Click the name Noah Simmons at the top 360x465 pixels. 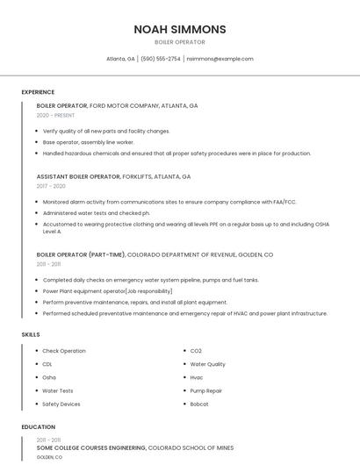(x=179, y=29)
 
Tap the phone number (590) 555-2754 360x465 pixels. (x=161, y=59)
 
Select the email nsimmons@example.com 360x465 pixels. (x=220, y=59)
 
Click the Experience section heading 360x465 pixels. (x=38, y=92)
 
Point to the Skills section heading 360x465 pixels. (x=31, y=334)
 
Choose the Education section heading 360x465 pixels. (x=39, y=427)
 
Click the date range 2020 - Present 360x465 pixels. (x=55, y=115)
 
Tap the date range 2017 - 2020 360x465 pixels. (x=51, y=186)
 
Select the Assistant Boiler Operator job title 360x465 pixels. (x=78, y=176)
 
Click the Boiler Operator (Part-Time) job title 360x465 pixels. (x=81, y=254)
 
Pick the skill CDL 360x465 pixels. (x=47, y=364)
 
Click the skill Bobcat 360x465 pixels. (x=200, y=404)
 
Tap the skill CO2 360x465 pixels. (x=196, y=351)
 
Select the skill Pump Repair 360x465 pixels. (x=206, y=390)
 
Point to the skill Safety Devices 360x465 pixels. (x=61, y=404)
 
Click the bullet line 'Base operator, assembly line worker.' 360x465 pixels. (x=88, y=142)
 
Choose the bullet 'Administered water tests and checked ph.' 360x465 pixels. (x=96, y=212)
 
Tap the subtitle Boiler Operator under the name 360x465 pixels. (x=179, y=42)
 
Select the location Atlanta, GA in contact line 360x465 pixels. (x=120, y=59)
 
